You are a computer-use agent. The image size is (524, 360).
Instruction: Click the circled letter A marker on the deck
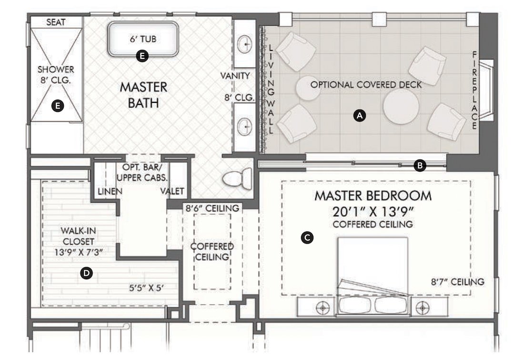pyautogui.click(x=360, y=116)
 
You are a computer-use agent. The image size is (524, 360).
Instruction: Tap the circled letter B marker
pyautogui.click(x=420, y=165)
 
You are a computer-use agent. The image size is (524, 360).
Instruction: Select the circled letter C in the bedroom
pyautogui.click(x=307, y=238)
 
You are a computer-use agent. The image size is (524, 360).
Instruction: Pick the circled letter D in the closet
pyautogui.click(x=87, y=273)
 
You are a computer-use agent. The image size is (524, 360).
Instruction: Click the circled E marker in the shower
pyautogui.click(x=58, y=106)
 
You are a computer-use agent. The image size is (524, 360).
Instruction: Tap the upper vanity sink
pyautogui.click(x=245, y=44)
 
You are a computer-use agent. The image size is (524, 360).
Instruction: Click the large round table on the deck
pyautogui.click(x=401, y=107)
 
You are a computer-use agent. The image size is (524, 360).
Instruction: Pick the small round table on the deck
pyautogui.click(x=308, y=88)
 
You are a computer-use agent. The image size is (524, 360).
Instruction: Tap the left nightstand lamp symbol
pyautogui.click(x=322, y=307)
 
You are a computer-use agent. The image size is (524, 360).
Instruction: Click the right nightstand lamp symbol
pyautogui.click(x=423, y=307)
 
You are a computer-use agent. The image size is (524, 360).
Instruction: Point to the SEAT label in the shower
pyautogui.click(x=56, y=22)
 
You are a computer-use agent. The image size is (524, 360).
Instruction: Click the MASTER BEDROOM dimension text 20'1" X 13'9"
pyautogui.click(x=373, y=211)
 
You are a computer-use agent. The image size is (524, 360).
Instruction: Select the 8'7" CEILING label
pyautogui.click(x=457, y=282)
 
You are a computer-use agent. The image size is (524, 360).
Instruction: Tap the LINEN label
pyautogui.click(x=110, y=191)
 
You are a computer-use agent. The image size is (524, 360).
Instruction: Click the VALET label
pyautogui.click(x=172, y=191)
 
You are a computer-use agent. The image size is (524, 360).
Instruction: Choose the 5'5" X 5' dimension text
pyautogui.click(x=146, y=288)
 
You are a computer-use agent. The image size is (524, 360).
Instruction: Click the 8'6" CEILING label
pyautogui.click(x=212, y=209)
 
